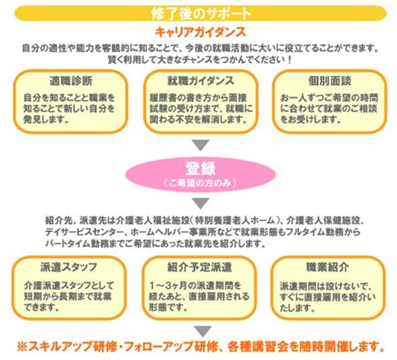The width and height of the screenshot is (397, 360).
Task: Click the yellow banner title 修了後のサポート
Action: coord(201,13)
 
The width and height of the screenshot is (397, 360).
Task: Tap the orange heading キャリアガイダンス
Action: coord(201,32)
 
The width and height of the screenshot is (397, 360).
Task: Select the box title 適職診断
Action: coord(71,81)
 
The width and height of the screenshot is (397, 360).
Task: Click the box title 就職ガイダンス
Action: coord(201,81)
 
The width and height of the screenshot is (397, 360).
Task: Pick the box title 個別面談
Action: coord(330,81)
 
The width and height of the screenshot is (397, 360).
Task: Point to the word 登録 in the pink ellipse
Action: coord(201,169)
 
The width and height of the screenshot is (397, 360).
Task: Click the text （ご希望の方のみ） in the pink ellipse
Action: coord(201,183)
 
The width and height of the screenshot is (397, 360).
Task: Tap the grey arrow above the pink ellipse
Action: coord(201,145)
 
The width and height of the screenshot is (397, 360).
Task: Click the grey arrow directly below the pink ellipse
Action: coord(201,203)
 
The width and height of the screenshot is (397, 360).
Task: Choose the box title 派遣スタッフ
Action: coord(69,267)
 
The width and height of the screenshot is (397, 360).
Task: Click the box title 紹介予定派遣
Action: coord(200,267)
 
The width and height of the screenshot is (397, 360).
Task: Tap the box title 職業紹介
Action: coord(327,267)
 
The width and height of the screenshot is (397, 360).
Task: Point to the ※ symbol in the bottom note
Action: coord(22,347)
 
